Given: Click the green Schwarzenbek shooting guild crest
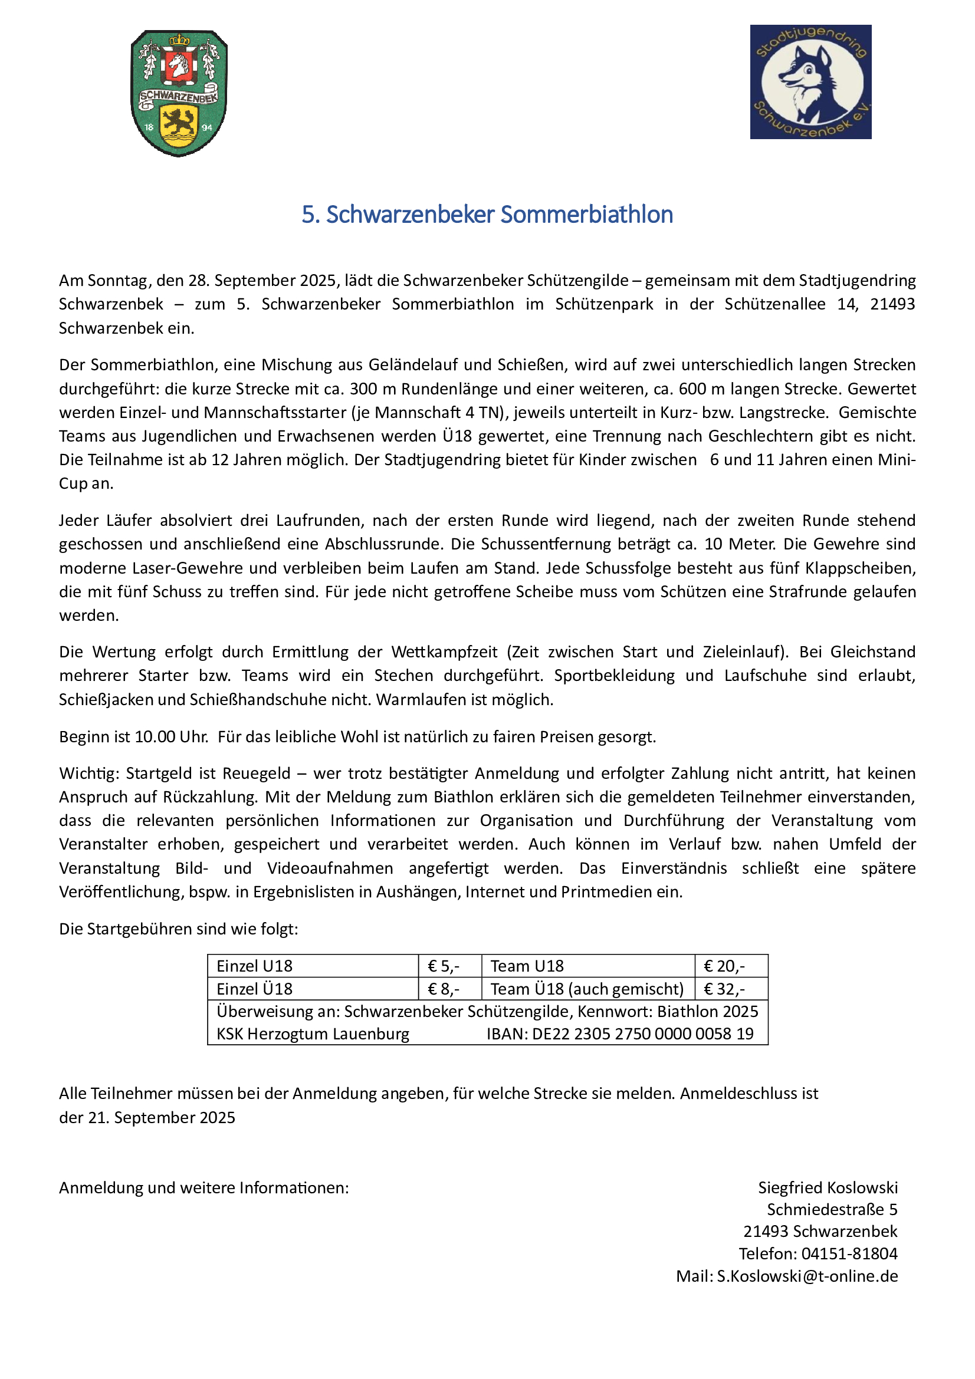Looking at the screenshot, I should [x=179, y=93].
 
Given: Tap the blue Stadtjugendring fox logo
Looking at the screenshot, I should [x=810, y=82].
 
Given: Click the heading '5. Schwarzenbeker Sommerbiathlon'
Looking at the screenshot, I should [x=487, y=215].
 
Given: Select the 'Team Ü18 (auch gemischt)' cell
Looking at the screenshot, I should [x=587, y=989].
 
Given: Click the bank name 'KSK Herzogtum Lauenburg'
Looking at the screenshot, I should [x=313, y=1034].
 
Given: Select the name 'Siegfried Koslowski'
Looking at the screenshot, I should [x=828, y=1187].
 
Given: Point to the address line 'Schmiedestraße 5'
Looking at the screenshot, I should [x=832, y=1209].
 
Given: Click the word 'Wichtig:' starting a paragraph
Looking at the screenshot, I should [x=89, y=774].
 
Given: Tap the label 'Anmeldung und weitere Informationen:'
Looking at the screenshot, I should [x=203, y=1187].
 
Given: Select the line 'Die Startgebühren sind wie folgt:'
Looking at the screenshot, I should [x=178, y=929].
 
